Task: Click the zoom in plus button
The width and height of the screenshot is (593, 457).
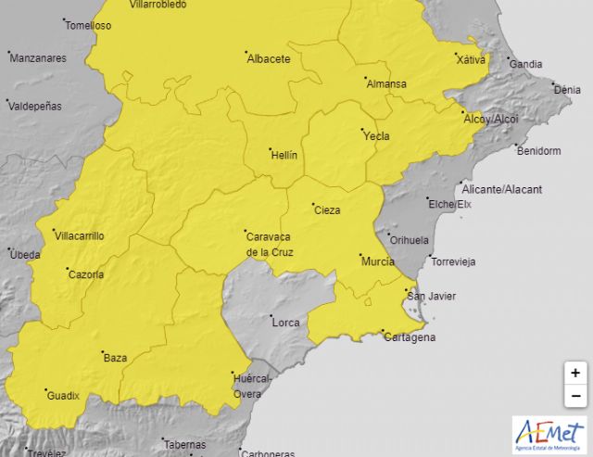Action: (x=575, y=373)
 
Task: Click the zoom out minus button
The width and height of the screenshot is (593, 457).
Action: (x=575, y=396)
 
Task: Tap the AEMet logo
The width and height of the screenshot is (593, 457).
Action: (x=549, y=434)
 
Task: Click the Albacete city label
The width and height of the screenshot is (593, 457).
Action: (x=269, y=59)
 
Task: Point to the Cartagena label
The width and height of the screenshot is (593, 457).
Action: (x=410, y=337)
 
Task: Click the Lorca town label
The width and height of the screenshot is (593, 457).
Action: (x=285, y=323)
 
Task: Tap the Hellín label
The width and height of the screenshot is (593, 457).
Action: (x=284, y=155)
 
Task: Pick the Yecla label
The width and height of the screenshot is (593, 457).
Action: (x=376, y=136)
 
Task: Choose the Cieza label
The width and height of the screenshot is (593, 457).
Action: (x=327, y=210)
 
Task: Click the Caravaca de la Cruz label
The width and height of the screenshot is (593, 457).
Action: (x=271, y=243)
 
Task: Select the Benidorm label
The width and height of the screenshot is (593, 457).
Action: (x=538, y=151)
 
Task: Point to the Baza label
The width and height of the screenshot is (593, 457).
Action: (x=115, y=358)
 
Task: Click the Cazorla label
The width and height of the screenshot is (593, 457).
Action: (x=85, y=274)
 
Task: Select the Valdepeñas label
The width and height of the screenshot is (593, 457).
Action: (x=35, y=106)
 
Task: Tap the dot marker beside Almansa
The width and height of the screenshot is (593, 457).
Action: (x=365, y=79)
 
